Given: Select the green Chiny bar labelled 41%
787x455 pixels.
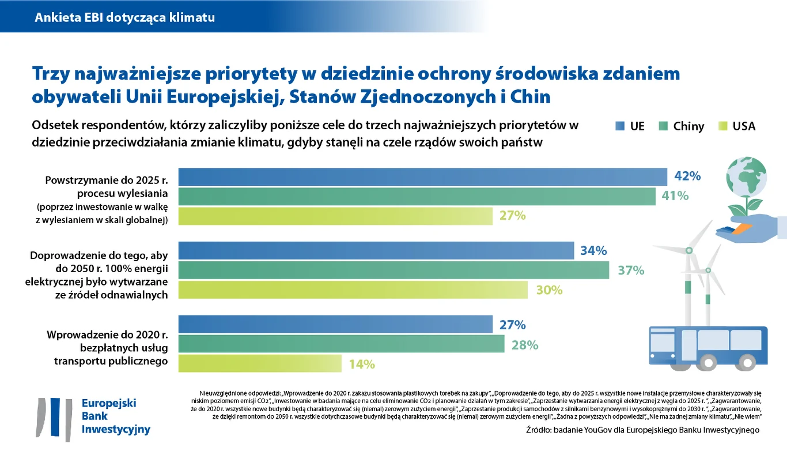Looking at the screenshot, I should (417, 196).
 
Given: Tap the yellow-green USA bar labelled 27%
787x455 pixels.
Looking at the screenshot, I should (335, 216).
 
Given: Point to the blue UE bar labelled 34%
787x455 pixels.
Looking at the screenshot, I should (376, 250).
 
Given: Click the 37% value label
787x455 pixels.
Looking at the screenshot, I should (631, 270).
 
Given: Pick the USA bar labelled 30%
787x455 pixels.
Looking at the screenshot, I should (353, 289).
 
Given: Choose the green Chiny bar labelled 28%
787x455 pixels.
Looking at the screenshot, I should (341, 344).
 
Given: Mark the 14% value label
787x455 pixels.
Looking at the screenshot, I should (362, 364).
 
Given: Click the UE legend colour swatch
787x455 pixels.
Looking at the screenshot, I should (620, 126).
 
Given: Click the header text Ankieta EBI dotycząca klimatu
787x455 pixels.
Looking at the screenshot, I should (125, 17).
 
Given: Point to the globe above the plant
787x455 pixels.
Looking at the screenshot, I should (747, 175).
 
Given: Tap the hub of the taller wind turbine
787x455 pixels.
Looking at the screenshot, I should (688, 251).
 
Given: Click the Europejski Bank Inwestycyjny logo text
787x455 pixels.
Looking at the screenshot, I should (116, 416).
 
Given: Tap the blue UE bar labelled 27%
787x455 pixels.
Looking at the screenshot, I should (335, 324).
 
